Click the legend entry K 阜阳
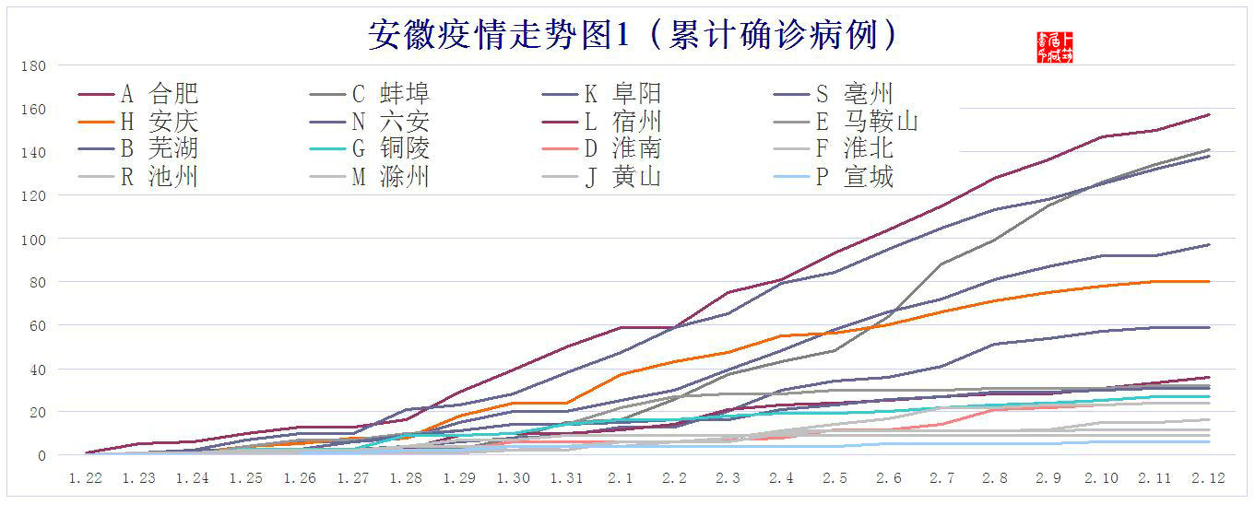click(x=622, y=94)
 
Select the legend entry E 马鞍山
click(x=867, y=122)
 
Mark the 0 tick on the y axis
click(x=41, y=455)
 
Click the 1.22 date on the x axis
click(x=86, y=478)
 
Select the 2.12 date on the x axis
click(x=1208, y=478)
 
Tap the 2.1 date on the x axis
click(x=621, y=478)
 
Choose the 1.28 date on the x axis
click(x=407, y=478)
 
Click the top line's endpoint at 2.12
click(x=1209, y=114)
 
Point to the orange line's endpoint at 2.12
click(x=1209, y=281)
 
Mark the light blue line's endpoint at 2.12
click(x=1209, y=441)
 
